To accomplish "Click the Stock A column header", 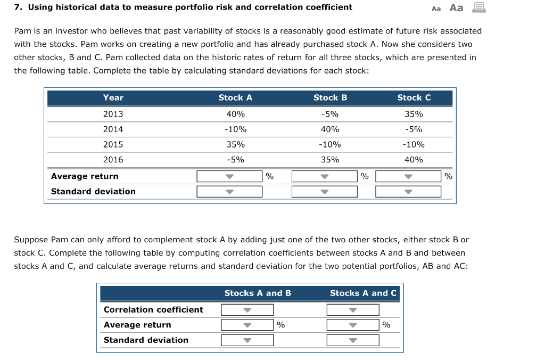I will [235, 97].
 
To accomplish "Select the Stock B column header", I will [330, 97].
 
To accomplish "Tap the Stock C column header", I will [414, 97].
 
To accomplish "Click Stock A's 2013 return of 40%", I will [235, 114].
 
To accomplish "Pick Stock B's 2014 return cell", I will [330, 129].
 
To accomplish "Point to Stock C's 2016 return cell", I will [414, 159].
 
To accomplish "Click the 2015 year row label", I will [113, 144].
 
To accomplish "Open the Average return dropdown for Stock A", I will [229, 176].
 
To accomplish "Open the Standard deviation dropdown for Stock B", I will [324, 191].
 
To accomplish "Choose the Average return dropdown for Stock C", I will [408, 176].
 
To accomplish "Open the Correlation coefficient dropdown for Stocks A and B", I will [247, 310].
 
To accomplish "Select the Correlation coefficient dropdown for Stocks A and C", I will [353, 310].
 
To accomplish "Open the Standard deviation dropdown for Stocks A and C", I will [353, 340].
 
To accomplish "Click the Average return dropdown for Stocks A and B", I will [247, 325].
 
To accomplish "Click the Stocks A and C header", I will [363, 293].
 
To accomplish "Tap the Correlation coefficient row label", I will [153, 309].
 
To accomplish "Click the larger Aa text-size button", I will [456, 7].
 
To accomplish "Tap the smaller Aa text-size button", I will [436, 9].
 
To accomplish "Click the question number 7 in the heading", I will [18, 7].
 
